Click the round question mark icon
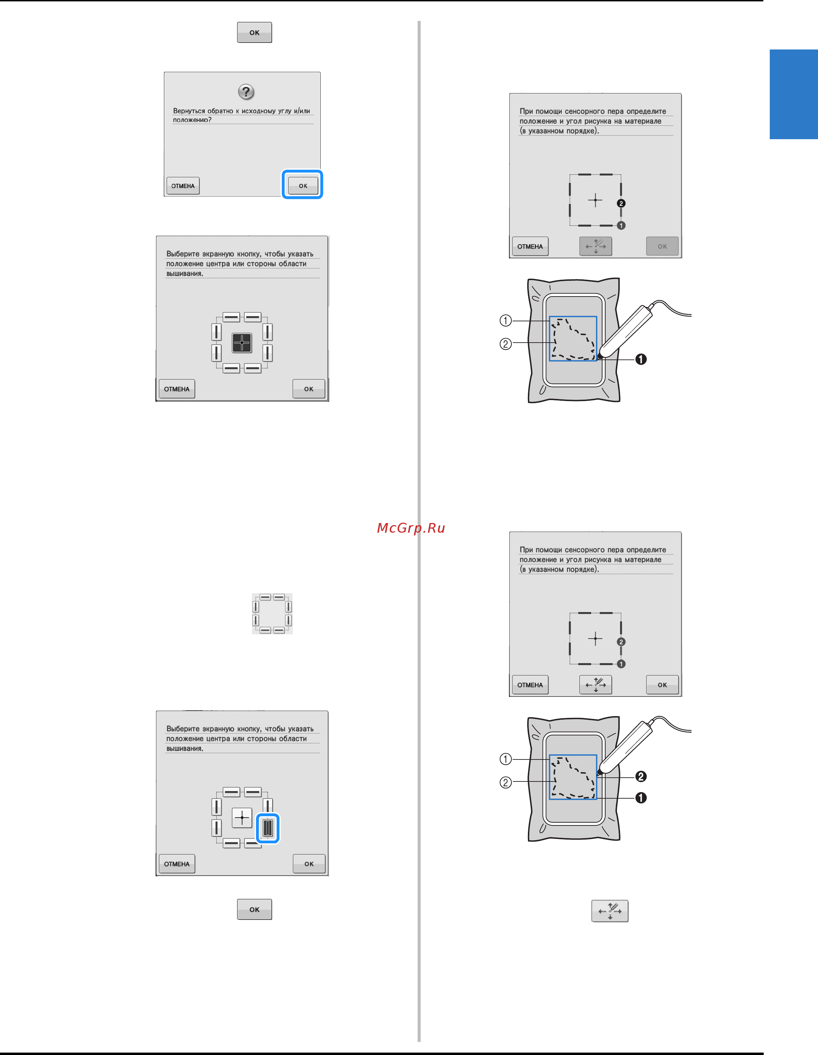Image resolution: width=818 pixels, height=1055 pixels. (x=246, y=91)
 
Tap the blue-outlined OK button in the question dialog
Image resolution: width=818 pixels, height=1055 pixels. (x=303, y=186)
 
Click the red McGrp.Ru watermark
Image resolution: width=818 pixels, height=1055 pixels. (x=411, y=528)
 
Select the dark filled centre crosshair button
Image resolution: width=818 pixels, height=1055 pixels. (x=242, y=343)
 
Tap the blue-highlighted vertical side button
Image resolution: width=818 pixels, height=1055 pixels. (x=268, y=828)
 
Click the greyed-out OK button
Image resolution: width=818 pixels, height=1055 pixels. (x=662, y=246)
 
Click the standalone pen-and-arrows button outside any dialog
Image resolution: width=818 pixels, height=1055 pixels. (x=610, y=911)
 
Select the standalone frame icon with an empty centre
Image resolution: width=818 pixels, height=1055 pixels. (x=272, y=613)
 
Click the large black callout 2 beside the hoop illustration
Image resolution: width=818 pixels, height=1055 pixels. (x=641, y=776)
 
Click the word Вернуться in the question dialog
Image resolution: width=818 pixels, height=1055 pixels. (x=189, y=111)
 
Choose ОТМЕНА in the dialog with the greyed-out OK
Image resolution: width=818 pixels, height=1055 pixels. (x=530, y=246)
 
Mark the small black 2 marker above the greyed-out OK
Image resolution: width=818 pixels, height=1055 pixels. (x=621, y=203)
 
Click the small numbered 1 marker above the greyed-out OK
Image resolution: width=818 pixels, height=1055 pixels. (x=621, y=225)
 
